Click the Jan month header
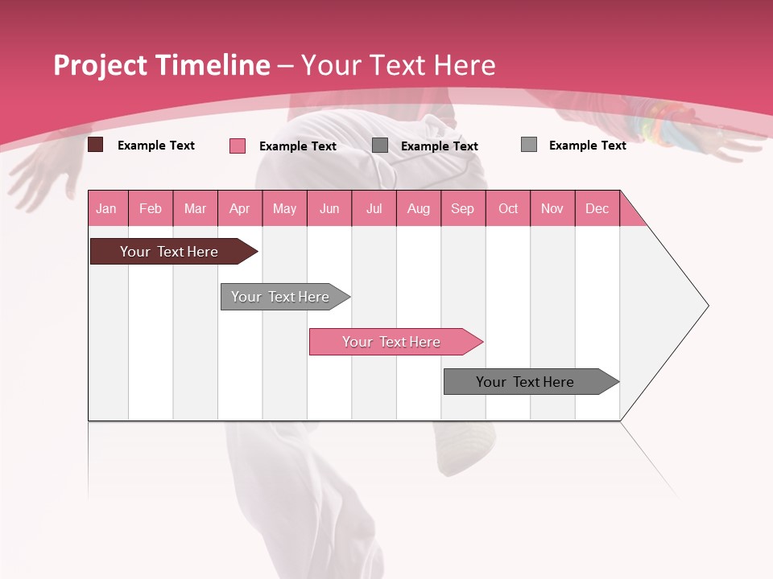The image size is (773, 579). pos(106,208)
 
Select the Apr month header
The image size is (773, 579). pos(239,208)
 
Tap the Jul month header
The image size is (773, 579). pos(374,208)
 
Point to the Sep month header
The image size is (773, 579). pos(462,208)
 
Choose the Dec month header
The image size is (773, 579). pos(597,208)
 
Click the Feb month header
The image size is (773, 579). pos(151,208)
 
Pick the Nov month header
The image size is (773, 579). pos(552,208)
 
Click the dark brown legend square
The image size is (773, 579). pos(95,145)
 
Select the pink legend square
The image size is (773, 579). pos(238,146)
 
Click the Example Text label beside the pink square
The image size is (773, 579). pos(298,146)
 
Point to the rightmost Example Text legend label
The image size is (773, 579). pos(587,146)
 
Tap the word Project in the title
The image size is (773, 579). pos(101,65)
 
